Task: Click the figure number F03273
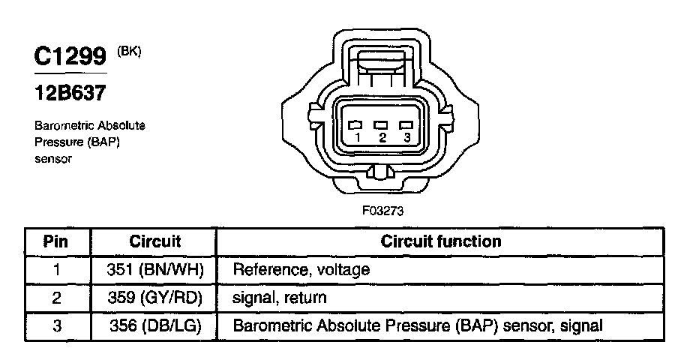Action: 382,211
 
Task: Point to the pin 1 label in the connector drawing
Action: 358,138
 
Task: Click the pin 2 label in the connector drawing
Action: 382,138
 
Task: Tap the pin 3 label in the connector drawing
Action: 406,138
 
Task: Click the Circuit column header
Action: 155,242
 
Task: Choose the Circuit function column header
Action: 441,242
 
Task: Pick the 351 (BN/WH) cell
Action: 155,269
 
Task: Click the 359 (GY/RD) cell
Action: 155,298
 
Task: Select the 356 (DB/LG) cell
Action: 155,327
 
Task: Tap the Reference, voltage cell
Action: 301,269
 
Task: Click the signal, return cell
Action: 280,298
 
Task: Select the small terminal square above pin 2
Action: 382,125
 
